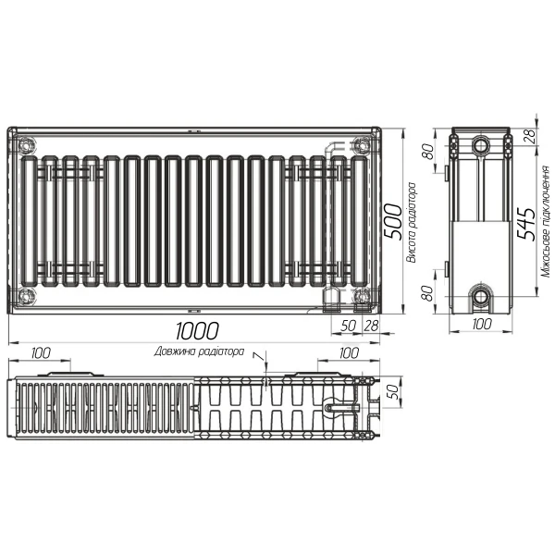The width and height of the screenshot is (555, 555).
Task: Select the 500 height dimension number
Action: (x=392, y=220)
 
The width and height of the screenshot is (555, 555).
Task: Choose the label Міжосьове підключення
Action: (x=545, y=222)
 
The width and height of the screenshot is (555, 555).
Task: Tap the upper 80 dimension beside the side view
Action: (x=428, y=150)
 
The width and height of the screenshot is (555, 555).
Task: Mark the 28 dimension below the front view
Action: (x=371, y=326)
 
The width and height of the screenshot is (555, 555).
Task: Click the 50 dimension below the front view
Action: (x=349, y=326)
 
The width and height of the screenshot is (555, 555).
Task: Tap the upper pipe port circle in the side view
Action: (x=480, y=146)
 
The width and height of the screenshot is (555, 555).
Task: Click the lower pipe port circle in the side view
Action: (x=480, y=297)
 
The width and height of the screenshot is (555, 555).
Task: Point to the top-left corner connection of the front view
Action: (x=24, y=144)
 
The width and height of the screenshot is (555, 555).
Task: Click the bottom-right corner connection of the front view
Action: (x=363, y=297)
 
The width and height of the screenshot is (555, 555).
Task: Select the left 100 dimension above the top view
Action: (x=42, y=352)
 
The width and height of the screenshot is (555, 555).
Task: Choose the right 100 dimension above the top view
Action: (x=348, y=352)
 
